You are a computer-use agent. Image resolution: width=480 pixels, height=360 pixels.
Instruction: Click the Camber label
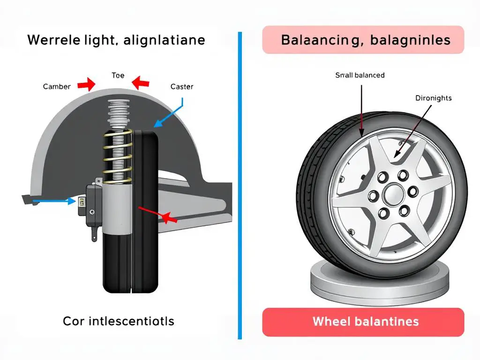57,86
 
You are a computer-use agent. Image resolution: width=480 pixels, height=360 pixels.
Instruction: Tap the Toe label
118,75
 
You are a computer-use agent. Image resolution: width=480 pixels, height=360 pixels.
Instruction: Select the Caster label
182,86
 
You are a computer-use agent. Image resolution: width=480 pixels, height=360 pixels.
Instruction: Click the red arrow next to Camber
86,84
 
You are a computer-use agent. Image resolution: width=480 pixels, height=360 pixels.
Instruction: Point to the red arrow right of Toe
141,83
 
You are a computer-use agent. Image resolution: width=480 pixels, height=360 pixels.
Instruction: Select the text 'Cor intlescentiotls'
119,321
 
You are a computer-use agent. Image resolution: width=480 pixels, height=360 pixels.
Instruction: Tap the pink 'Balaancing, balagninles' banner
363,40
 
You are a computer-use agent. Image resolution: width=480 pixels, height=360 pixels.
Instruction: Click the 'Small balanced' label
360,75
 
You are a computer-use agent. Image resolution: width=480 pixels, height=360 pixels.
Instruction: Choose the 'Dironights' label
433,98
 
